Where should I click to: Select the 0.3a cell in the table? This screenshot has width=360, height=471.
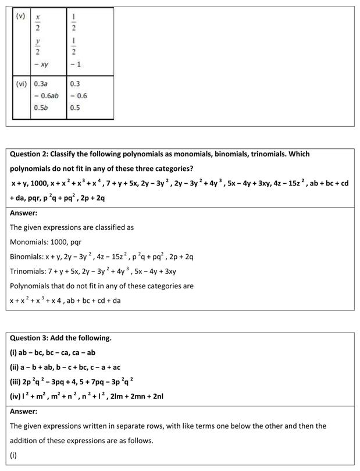(x=41, y=84)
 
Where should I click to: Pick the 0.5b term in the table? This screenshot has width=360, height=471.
(x=41, y=108)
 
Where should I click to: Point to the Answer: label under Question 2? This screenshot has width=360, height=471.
(x=23, y=213)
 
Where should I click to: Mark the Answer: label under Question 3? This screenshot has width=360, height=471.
(x=23, y=411)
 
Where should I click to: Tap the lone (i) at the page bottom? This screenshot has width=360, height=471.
(x=13, y=455)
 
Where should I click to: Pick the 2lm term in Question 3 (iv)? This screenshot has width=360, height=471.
(x=115, y=397)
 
